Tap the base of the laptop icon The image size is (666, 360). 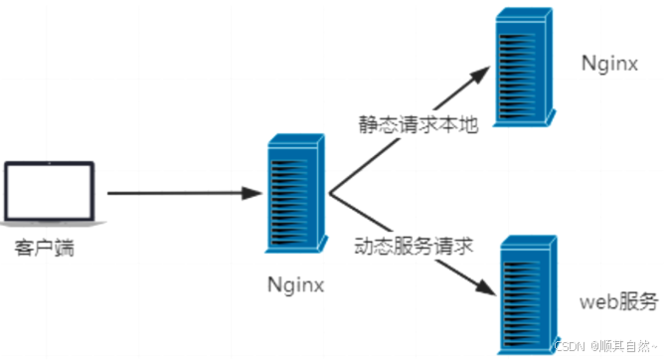pos(50,225)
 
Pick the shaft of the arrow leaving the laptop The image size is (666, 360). pos(169,193)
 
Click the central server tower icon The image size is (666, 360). pos(293,194)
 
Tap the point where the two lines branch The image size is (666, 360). pos(330,194)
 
